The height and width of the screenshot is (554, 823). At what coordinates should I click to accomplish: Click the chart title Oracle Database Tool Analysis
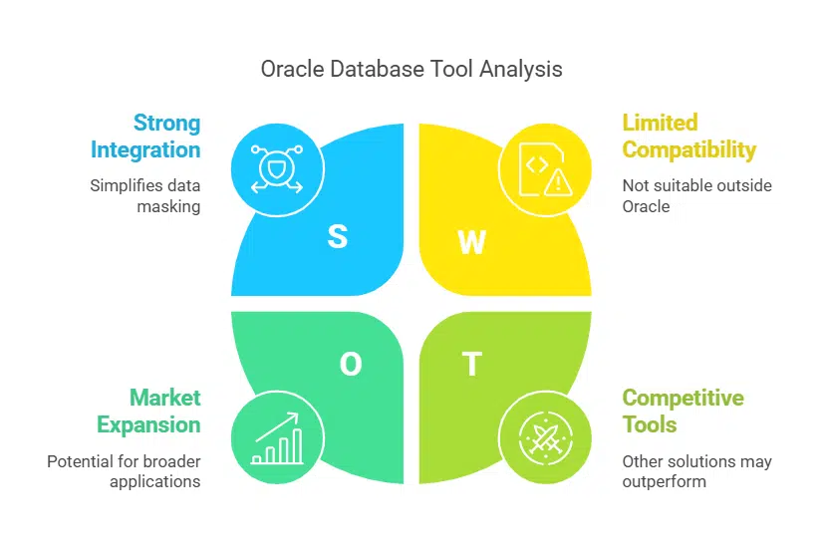pyautogui.click(x=411, y=69)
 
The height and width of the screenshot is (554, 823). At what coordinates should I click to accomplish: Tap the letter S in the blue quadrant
pyautogui.click(x=338, y=237)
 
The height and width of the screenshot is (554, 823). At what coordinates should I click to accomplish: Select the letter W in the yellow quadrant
pyautogui.click(x=470, y=241)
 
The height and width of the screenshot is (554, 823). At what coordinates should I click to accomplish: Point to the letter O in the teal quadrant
pyautogui.click(x=351, y=365)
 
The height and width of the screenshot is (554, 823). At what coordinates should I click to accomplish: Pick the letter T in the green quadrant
pyautogui.click(x=471, y=365)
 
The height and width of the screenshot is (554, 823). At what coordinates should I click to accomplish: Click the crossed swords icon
pyautogui.click(x=538, y=439)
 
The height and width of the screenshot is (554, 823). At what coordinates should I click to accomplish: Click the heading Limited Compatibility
pyautogui.click(x=688, y=137)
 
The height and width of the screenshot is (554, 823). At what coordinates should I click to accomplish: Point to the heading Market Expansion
pyautogui.click(x=149, y=411)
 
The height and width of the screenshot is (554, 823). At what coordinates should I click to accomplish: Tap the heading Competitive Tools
pyautogui.click(x=683, y=411)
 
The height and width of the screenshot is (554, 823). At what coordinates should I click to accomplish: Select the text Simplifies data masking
pyautogui.click(x=144, y=195)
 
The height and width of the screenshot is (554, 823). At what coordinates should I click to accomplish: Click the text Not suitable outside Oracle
pyautogui.click(x=696, y=195)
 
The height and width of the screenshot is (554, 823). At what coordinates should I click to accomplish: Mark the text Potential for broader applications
pyautogui.click(x=124, y=471)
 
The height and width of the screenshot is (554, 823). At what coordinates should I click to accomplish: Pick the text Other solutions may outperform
pyautogui.click(x=696, y=471)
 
